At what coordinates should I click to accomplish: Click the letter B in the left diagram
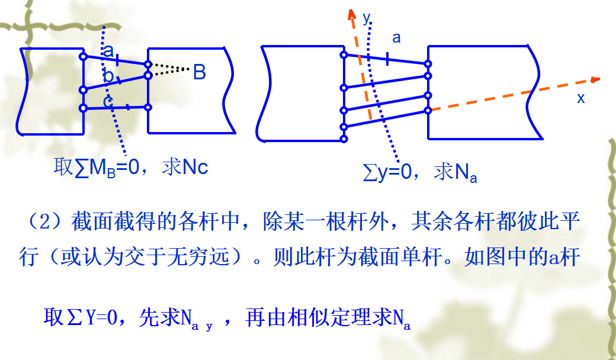pos(199,73)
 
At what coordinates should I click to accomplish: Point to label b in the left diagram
pos(108,76)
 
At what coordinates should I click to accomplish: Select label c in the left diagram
pos(108,101)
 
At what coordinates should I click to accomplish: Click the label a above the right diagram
pos(396,38)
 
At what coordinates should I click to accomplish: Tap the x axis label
pos(580,98)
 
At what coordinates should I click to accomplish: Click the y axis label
pos(366,18)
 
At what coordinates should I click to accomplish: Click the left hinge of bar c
pos(83,108)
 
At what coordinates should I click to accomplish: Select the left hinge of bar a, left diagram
pos(83,57)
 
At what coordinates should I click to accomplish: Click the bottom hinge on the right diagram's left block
pos(344,139)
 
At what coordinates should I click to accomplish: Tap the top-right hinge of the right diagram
pos(428,63)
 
